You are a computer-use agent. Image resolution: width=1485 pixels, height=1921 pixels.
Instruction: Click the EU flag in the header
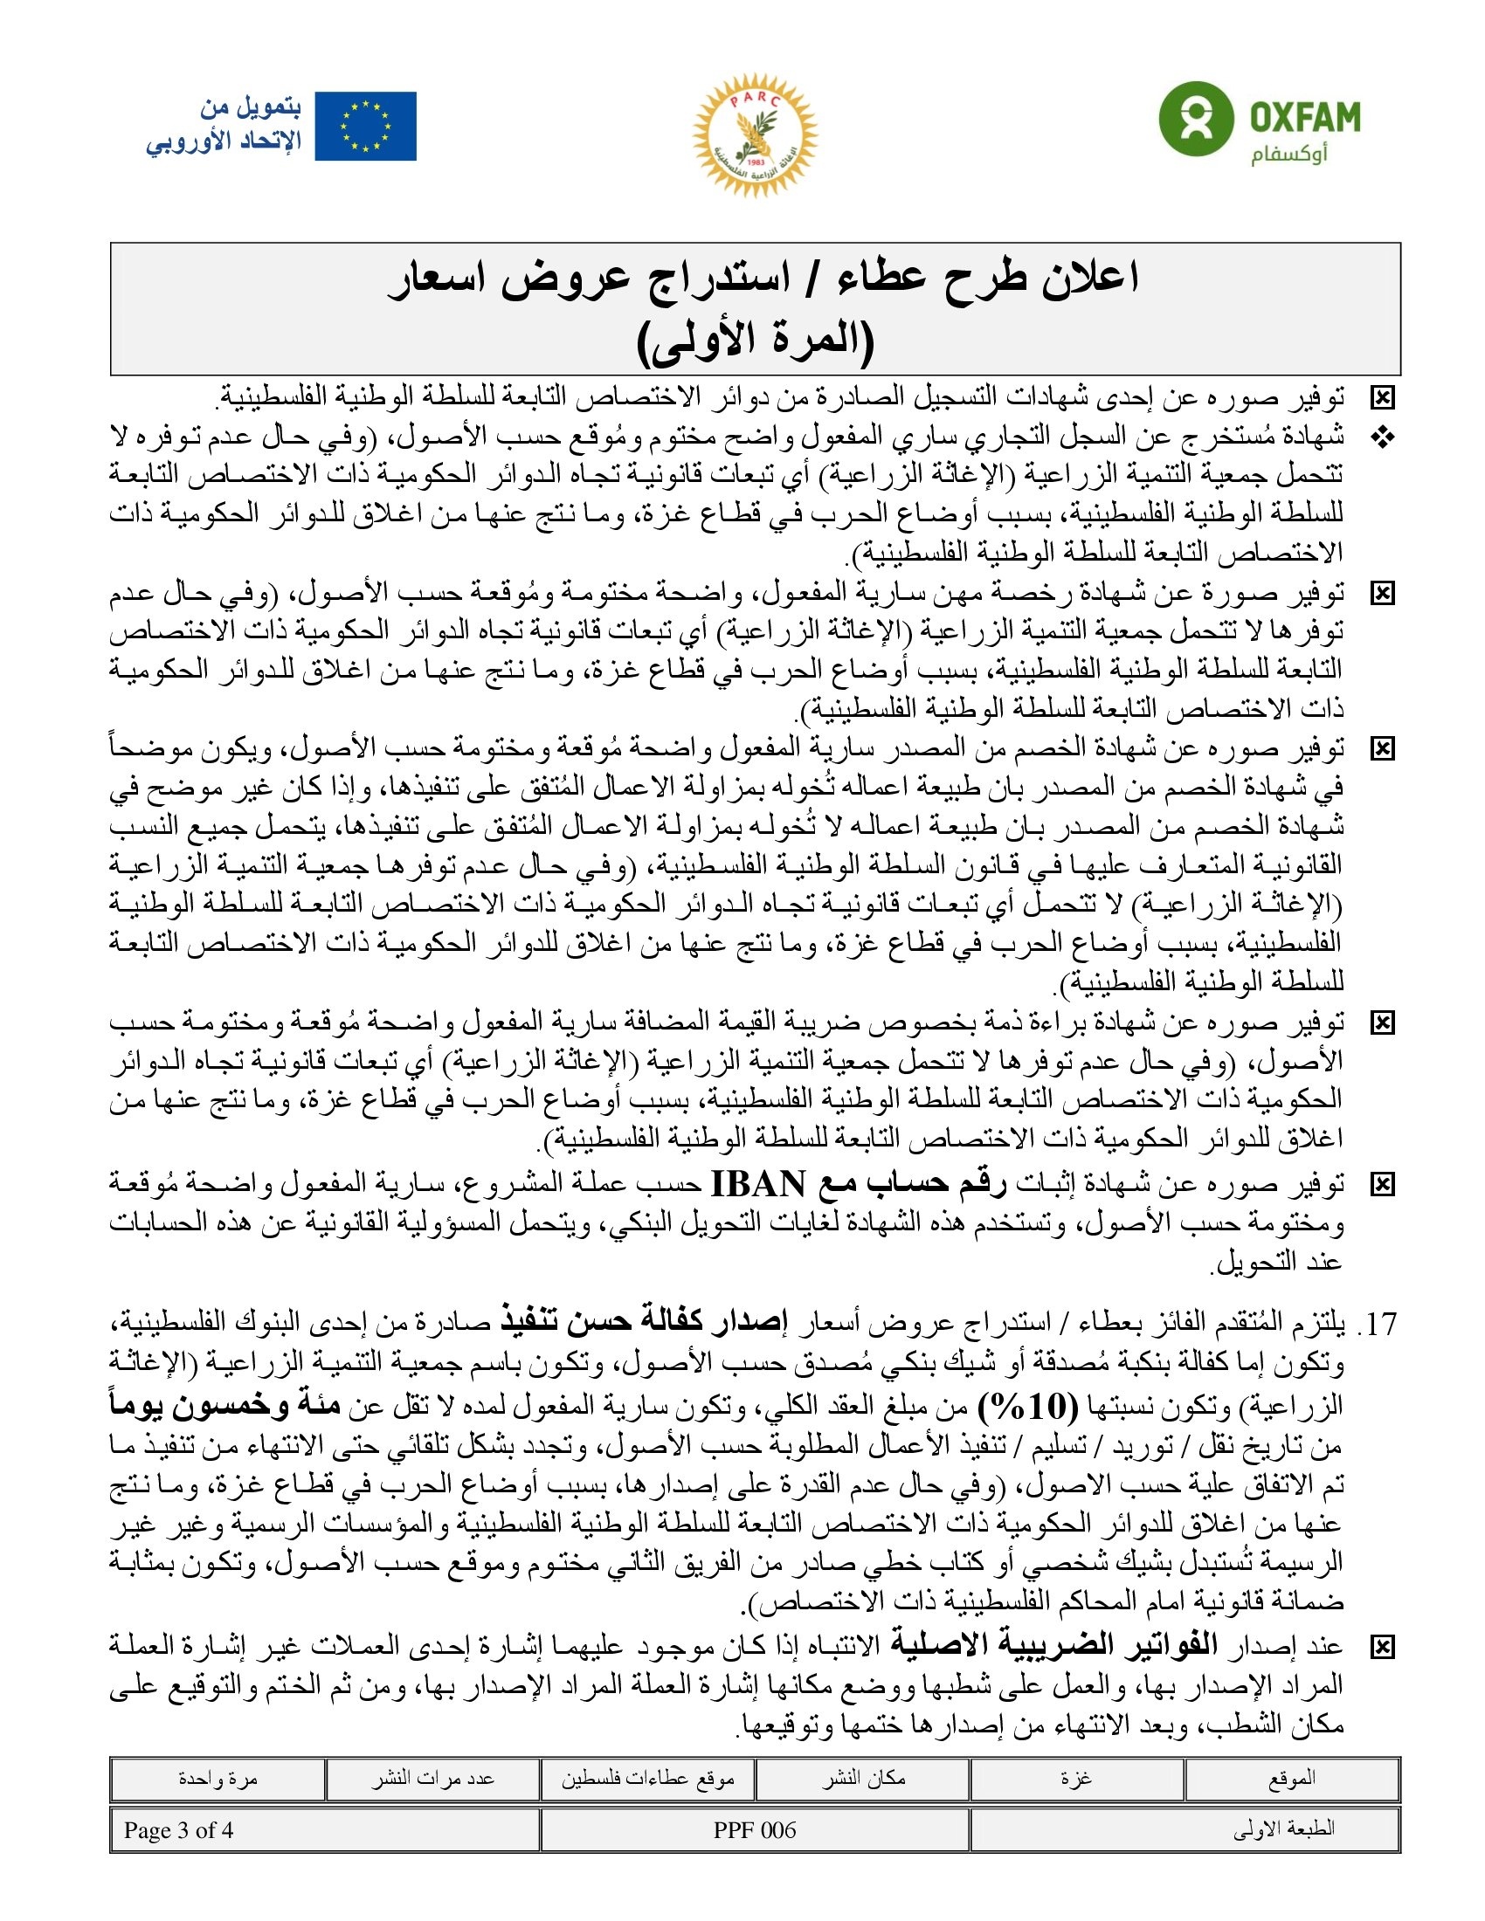coord(365,127)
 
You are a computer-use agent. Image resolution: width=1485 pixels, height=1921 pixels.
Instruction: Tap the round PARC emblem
coord(755,134)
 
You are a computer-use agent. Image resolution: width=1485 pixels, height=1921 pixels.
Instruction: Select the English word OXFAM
coord(1306,115)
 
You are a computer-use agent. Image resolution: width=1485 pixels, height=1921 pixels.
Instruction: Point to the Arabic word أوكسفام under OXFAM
coord(1289,155)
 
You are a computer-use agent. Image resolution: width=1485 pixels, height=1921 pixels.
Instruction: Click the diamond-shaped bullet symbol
coord(1383,437)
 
